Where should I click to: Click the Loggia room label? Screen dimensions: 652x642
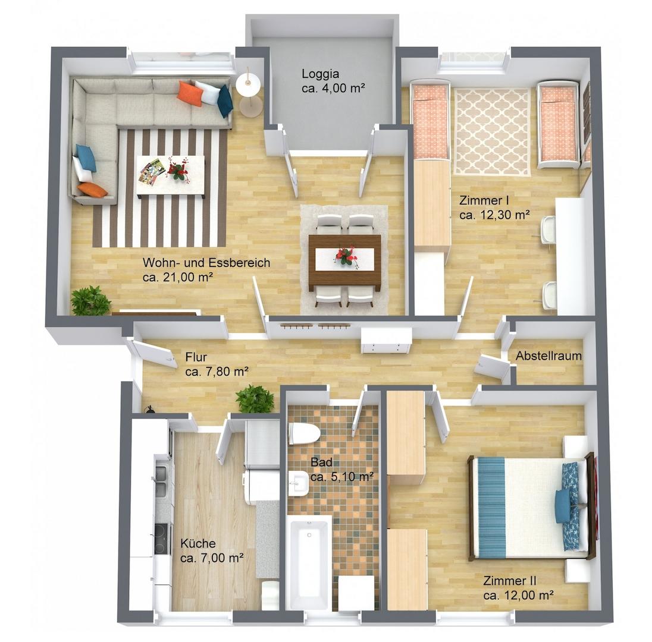click(x=321, y=74)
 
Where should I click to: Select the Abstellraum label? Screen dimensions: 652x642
click(x=548, y=355)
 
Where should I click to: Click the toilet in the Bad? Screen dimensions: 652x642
click(x=304, y=433)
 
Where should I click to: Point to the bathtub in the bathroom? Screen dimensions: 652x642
click(x=309, y=563)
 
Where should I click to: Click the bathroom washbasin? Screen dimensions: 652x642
click(x=298, y=483)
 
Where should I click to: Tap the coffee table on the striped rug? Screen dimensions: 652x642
click(x=171, y=175)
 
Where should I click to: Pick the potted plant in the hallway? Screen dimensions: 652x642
click(x=255, y=399)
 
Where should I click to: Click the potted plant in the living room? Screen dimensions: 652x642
click(x=90, y=301)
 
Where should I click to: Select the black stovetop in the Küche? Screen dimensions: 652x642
click(x=162, y=539)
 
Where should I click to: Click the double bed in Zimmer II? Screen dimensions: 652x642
click(x=532, y=507)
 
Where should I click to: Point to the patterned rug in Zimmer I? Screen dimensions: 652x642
click(x=492, y=131)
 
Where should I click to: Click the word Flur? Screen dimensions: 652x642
click(x=196, y=357)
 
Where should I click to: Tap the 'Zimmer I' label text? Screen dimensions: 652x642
click(x=484, y=201)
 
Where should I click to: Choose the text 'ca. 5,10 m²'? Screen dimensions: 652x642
click(x=342, y=477)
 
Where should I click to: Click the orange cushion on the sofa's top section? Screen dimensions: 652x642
click(x=190, y=93)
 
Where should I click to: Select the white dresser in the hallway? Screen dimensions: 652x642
click(x=386, y=340)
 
